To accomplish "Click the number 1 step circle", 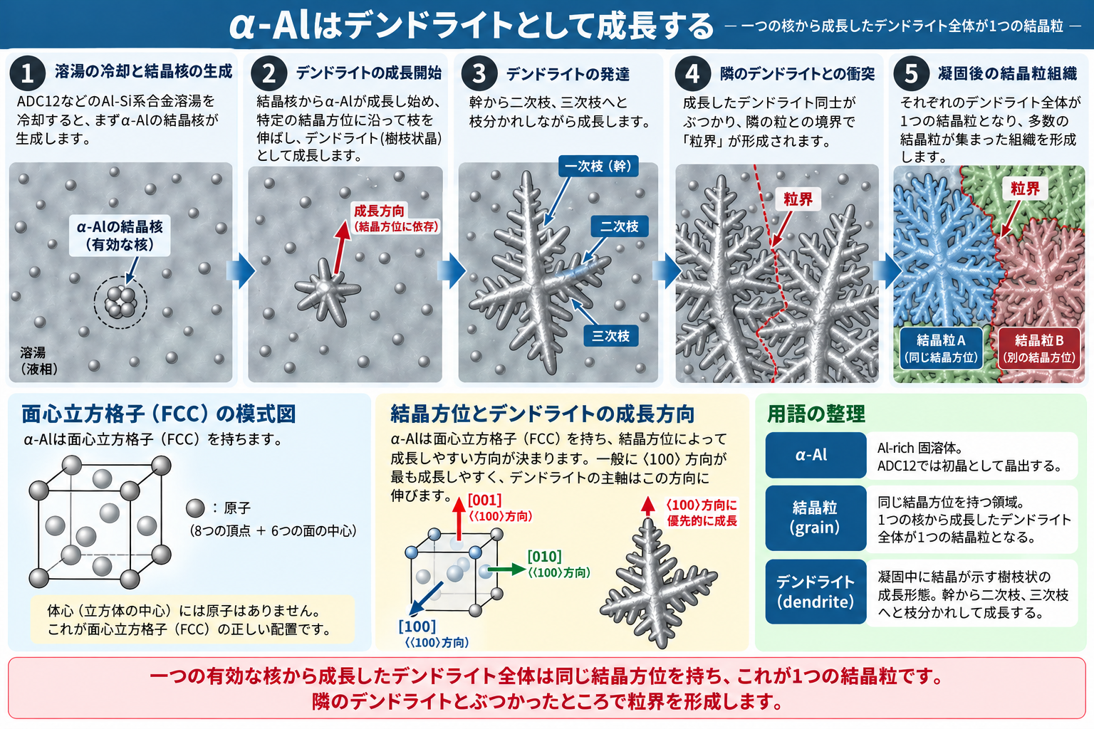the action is (x=27, y=73).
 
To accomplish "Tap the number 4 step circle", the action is (x=692, y=74).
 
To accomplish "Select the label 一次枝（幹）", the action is (x=598, y=166).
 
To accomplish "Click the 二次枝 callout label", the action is (x=619, y=226).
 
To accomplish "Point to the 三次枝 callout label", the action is (x=611, y=336).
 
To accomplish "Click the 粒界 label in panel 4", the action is (x=798, y=199).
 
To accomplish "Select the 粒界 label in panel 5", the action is (x=1025, y=189).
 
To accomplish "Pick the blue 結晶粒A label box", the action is (x=941, y=349).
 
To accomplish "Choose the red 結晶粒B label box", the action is (x=1039, y=349).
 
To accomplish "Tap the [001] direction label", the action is (x=484, y=500).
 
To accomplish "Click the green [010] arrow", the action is (x=506, y=570).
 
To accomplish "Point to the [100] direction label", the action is (x=417, y=626).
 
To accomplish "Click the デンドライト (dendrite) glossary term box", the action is (x=816, y=592).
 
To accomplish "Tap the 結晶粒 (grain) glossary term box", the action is (x=816, y=518).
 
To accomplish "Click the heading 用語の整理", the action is (x=816, y=414).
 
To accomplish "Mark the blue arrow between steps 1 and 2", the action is (x=240, y=270).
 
